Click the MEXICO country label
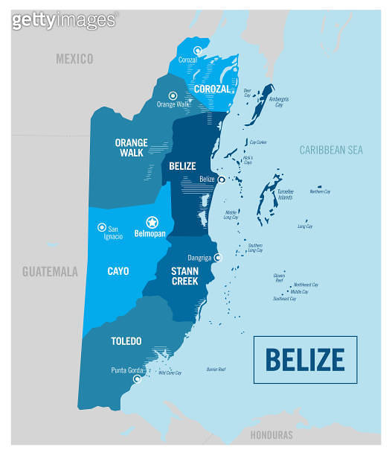(x=74, y=58)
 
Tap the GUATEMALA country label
(x=50, y=272)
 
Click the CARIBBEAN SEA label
(x=330, y=151)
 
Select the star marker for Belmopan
(x=152, y=221)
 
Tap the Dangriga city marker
(x=218, y=258)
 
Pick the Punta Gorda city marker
(x=136, y=379)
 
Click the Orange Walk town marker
(x=173, y=95)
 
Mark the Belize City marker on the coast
(x=221, y=180)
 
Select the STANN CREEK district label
(x=183, y=276)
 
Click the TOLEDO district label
(x=126, y=341)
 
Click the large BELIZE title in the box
(x=305, y=359)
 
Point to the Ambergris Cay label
(x=279, y=101)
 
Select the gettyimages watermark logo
(x=65, y=19)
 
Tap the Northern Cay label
(x=320, y=191)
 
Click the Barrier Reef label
(x=216, y=369)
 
